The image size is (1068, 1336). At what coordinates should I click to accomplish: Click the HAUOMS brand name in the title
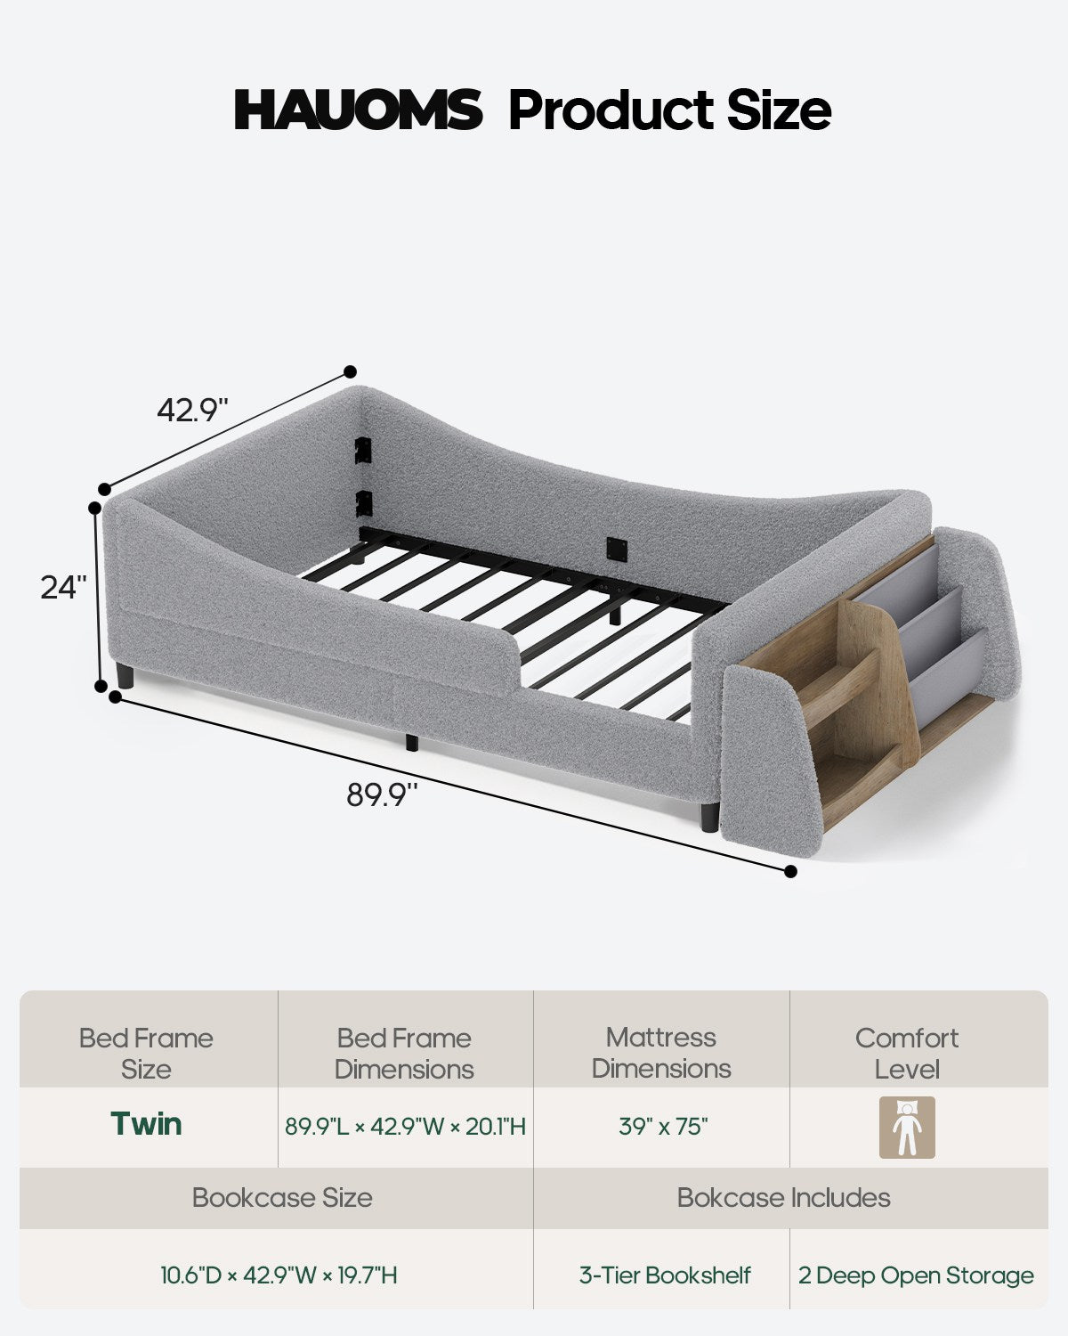[358, 110]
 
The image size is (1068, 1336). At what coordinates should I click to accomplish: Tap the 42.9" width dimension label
[192, 410]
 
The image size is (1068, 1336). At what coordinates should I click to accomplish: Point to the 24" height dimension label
[63, 587]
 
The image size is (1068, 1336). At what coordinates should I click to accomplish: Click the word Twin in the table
[147, 1124]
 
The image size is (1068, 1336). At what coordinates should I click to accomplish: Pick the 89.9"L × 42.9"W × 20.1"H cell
[405, 1126]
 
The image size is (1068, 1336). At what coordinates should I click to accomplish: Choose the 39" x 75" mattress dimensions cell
[663, 1126]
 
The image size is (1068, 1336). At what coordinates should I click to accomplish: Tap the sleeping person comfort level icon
[907, 1127]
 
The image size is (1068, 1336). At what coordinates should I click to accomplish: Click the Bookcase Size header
[282, 1198]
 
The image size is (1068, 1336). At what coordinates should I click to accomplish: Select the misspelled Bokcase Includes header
[784, 1198]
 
